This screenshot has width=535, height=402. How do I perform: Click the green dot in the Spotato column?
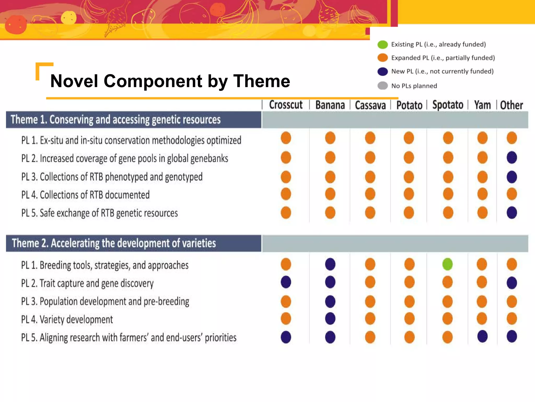[447, 264]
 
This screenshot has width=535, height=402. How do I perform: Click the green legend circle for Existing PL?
[383, 44]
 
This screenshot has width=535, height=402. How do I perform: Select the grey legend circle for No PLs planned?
[383, 86]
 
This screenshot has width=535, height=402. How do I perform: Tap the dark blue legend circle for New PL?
[383, 71]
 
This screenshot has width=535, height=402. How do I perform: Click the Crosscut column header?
[286, 105]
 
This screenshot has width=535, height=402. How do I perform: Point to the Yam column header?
[482, 105]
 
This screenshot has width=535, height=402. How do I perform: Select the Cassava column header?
[370, 105]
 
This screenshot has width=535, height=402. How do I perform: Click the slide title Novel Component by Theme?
[170, 81]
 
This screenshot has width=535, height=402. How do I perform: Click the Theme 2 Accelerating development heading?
[114, 243]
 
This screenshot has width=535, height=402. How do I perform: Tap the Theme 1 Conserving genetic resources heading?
[116, 120]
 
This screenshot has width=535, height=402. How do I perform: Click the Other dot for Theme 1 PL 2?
[511, 158]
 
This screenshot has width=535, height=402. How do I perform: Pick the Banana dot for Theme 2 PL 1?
[330, 264]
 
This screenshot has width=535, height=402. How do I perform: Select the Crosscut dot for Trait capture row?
[286, 282]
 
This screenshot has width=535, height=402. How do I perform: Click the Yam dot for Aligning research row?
[482, 336]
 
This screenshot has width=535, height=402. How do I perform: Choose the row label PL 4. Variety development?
[67, 320]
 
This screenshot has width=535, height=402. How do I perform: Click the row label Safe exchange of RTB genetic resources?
[100, 213]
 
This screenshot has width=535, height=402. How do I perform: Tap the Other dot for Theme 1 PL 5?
[511, 213]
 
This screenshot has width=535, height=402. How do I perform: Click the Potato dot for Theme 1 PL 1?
[409, 138]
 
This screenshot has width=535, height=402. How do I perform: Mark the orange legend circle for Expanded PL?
[383, 58]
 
